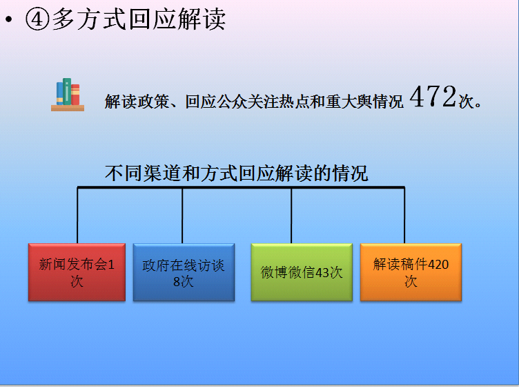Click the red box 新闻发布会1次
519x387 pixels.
tap(77, 272)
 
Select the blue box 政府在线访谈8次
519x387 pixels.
tap(184, 272)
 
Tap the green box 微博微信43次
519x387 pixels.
tap(302, 272)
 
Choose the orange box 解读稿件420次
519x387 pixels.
tap(411, 272)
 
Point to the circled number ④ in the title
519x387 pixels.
tap(37, 19)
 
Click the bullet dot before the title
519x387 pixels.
tap(8, 19)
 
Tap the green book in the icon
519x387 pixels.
tap(67, 91)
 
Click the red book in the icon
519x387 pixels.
tap(75, 95)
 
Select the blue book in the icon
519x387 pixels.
tap(59, 93)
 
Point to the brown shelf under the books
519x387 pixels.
tap(68, 108)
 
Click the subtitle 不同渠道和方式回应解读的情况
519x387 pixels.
tap(236, 173)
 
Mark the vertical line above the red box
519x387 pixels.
tap(77, 216)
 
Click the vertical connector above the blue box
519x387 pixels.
tap(182, 216)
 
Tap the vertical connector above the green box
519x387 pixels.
tap(291, 216)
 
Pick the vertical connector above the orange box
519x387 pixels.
tap(404, 216)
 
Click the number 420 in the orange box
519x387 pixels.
tap(438, 265)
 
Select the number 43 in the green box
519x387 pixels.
tap(322, 273)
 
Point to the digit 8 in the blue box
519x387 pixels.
tap(177, 282)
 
